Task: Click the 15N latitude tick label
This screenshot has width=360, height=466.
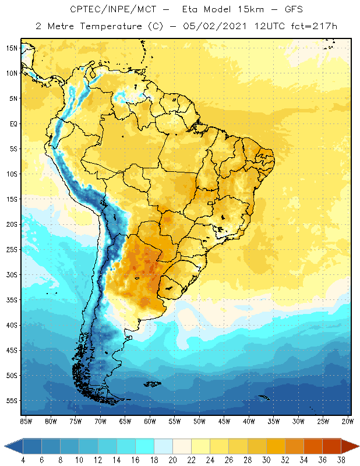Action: click(12, 48)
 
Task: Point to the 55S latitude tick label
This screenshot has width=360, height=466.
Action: click(12, 401)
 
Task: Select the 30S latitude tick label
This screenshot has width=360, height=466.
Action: click(12, 274)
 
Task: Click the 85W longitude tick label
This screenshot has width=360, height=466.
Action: click(26, 421)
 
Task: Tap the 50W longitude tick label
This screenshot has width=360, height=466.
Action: click(199, 421)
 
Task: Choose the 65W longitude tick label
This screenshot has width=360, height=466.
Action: click(125, 421)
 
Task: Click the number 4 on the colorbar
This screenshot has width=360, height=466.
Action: click(23, 459)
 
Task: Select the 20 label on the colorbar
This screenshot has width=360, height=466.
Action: click(172, 459)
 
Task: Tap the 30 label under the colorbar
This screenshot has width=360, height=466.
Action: click(266, 459)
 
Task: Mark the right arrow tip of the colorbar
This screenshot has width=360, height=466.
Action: click(358, 446)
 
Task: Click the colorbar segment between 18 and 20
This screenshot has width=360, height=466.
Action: click(163, 446)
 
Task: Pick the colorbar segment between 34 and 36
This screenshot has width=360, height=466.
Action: click(312, 446)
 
